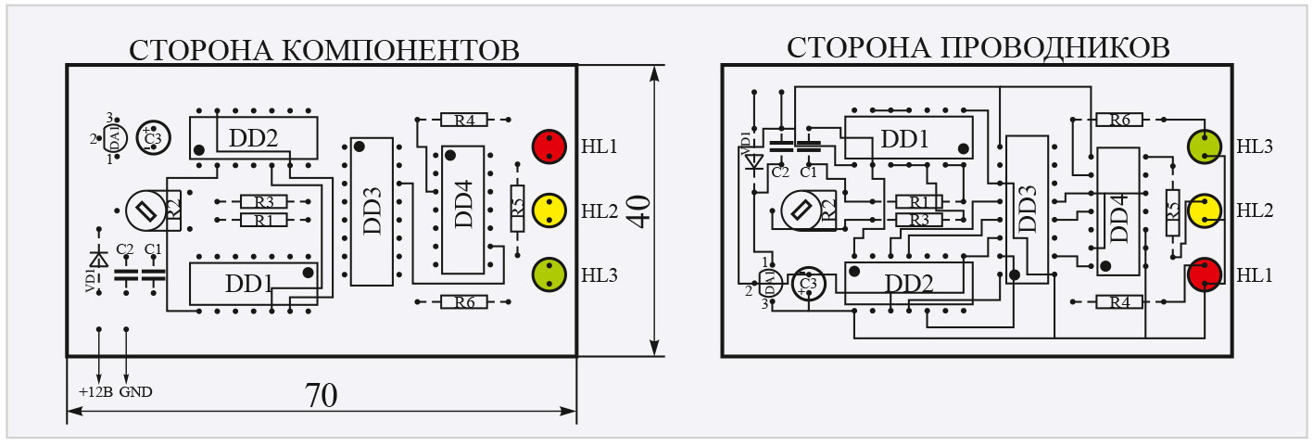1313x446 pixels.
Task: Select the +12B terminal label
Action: (95, 391)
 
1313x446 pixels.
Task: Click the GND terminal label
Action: (135, 391)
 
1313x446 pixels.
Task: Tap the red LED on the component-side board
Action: (549, 147)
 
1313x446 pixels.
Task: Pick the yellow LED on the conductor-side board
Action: (1205, 210)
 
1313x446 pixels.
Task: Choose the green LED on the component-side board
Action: (549, 274)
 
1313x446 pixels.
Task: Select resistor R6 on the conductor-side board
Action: (1119, 120)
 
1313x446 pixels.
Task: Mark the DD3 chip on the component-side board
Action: (372, 212)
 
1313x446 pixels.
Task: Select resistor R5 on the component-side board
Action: (518, 210)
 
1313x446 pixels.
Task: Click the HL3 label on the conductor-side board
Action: (1255, 147)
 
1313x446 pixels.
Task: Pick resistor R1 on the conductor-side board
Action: (918, 201)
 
